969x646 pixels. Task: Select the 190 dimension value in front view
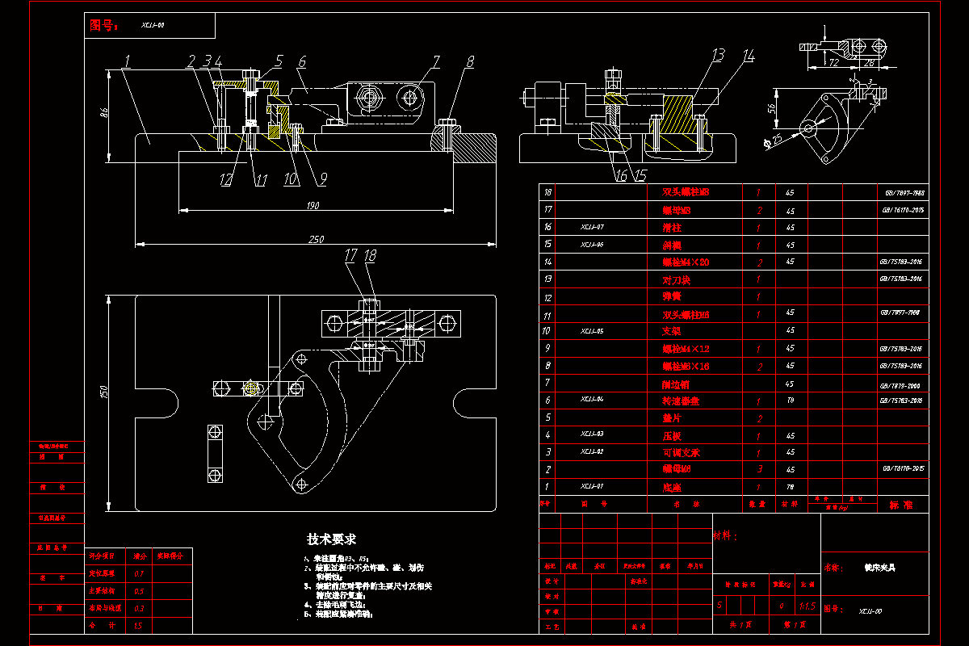[x=312, y=206]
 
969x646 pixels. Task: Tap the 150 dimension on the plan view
[x=103, y=392]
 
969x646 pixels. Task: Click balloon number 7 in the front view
[x=435, y=61]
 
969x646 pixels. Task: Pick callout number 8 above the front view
[x=470, y=61]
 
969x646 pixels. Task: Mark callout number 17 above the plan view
[x=350, y=255]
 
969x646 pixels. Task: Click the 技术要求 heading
[x=331, y=539]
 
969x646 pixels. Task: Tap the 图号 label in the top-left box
[x=103, y=26]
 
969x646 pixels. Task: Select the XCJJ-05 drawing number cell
[x=591, y=331]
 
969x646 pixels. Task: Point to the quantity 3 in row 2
[x=758, y=469]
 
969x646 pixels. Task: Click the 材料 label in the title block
[x=725, y=535]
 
